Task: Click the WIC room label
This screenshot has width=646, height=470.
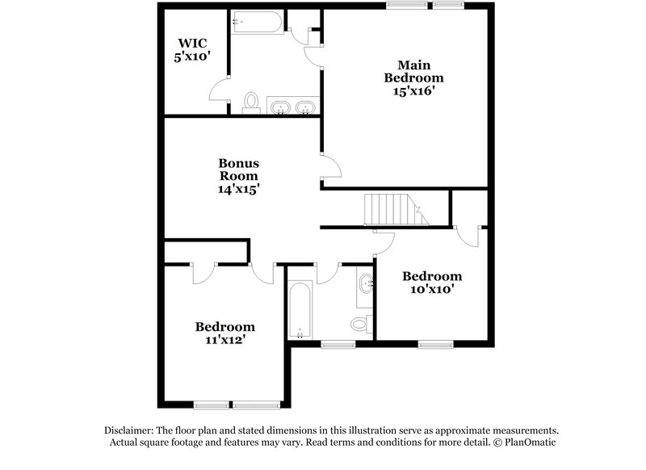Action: [193, 44]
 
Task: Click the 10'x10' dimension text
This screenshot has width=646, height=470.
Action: [432, 290]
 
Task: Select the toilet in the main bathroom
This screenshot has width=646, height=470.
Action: [251, 103]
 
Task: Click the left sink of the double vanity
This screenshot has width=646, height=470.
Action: [281, 107]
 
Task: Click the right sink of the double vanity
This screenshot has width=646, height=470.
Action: [305, 107]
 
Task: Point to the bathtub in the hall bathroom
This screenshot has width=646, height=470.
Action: [300, 312]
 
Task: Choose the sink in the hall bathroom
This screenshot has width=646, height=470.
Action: [367, 283]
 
